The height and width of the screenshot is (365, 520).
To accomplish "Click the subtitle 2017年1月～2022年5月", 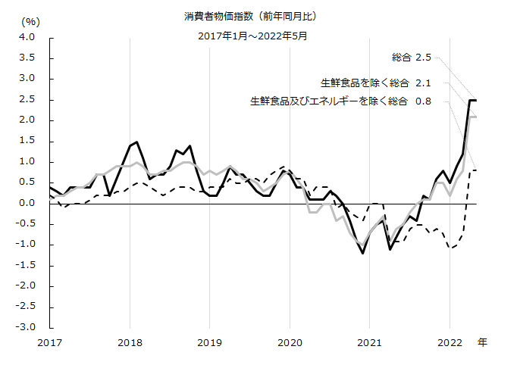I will [x=258, y=35].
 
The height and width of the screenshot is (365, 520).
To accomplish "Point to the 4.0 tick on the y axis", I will [x=26, y=37].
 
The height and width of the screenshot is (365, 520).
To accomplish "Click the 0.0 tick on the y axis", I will [x=26, y=203].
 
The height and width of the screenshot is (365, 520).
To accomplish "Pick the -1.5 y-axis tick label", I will [x=24, y=265].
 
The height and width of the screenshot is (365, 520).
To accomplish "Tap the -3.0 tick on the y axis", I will [x=24, y=327].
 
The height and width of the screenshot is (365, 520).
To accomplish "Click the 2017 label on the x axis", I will [x=50, y=343].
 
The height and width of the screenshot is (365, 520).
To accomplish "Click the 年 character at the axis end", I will [x=482, y=343].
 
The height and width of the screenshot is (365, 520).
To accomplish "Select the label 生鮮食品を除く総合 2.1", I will [x=376, y=83].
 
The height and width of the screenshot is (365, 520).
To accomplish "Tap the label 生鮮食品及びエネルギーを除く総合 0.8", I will [x=340, y=101].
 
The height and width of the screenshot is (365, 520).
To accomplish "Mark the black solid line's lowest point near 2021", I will [x=363, y=253].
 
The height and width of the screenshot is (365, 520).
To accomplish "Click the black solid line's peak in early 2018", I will [x=136, y=141].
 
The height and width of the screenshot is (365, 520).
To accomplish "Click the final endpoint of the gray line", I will [x=475, y=117].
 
